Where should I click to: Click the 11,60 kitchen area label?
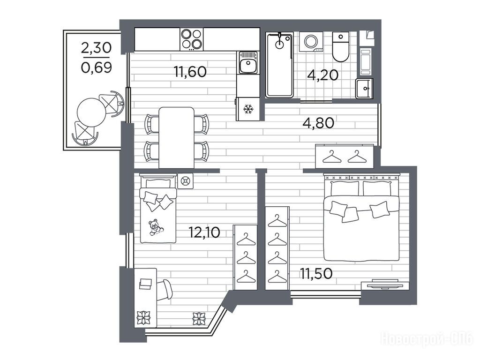pos(190,72)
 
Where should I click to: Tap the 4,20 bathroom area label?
pos(322,75)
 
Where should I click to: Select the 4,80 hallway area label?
pos(318,123)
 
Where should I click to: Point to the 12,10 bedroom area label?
pos(204,232)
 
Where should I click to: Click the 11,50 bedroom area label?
pos(316,274)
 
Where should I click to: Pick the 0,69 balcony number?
pos(97,67)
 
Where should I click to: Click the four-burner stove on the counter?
pos(192,39)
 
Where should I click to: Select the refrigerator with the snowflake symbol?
pos(247,109)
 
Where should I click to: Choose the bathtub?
pos(279,65)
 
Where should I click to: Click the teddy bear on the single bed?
pos(155,227)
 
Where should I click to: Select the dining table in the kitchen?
pos(177,138)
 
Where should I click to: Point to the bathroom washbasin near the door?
pos(364,89)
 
